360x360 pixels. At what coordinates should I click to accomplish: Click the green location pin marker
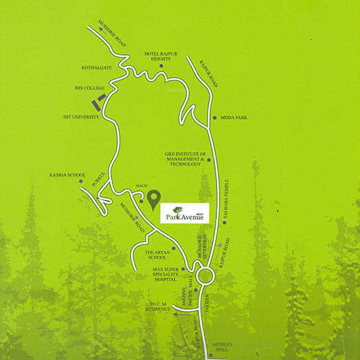click(153, 198)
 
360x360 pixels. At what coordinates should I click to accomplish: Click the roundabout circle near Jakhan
click(204, 277)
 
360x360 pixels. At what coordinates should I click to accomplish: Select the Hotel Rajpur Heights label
click(161, 56)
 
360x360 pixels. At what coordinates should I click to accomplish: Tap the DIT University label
click(82, 117)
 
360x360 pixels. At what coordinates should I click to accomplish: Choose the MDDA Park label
click(234, 118)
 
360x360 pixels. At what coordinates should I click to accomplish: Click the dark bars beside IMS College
click(99, 104)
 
